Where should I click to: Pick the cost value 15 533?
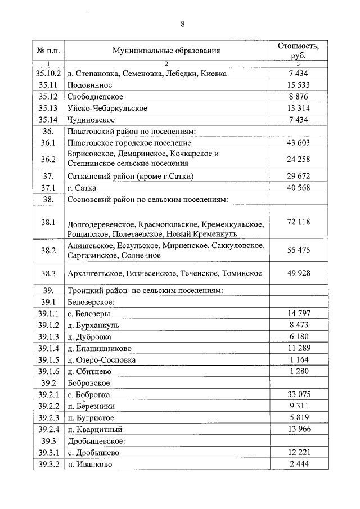(x=298, y=85)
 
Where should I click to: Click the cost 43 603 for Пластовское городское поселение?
(x=298, y=143)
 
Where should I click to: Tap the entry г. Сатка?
(x=82, y=187)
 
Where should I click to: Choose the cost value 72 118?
(x=298, y=222)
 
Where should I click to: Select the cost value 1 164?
(x=298, y=359)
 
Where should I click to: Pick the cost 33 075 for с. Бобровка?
(x=298, y=395)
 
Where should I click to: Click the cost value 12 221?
(x=298, y=453)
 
